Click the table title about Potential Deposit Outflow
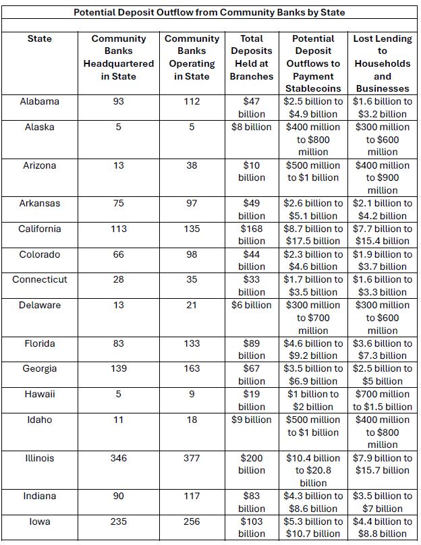click(210, 12)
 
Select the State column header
click(39, 38)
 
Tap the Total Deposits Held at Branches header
click(252, 57)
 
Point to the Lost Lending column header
click(383, 63)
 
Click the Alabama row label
click(39, 101)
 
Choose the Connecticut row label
click(39, 279)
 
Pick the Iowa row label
click(39, 521)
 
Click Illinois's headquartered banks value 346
click(118, 458)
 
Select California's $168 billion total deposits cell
click(252, 235)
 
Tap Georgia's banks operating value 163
click(192, 368)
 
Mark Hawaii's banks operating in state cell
click(192, 394)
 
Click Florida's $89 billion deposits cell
click(252, 349)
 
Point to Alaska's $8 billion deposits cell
click(252, 127)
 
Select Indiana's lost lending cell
click(383, 502)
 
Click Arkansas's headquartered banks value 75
click(118, 203)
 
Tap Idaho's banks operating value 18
click(192, 420)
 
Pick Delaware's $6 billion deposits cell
click(252, 305)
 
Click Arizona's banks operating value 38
click(192, 165)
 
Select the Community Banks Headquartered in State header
click(118, 57)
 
